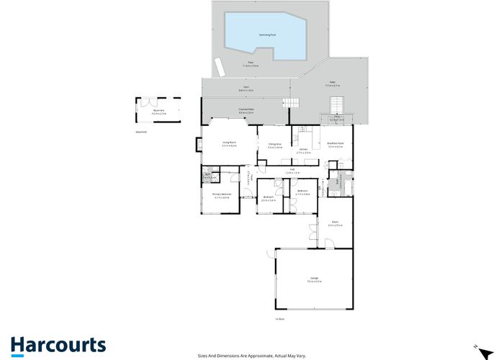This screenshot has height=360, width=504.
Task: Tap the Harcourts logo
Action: [x=58, y=345]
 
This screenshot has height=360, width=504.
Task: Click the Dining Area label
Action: [x=274, y=144]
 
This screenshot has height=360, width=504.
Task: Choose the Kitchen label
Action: [x=303, y=149]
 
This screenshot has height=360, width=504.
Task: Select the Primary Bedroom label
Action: [x=221, y=194]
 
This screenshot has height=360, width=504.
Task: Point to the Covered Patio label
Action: [x=246, y=109]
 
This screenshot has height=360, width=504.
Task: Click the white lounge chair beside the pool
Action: [x=220, y=67]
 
